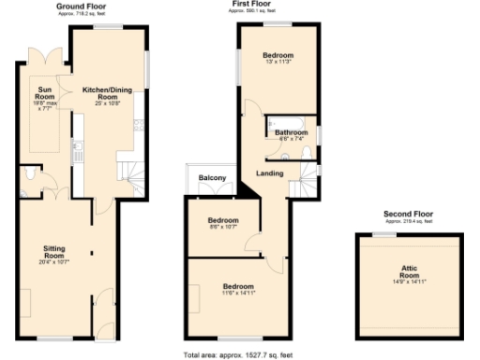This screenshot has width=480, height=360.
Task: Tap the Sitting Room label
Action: tap(55, 252)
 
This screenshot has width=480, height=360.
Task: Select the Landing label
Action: tap(270, 173)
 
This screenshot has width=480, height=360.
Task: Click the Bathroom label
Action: tap(291, 133)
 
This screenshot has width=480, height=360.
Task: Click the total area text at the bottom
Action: tap(239, 354)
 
